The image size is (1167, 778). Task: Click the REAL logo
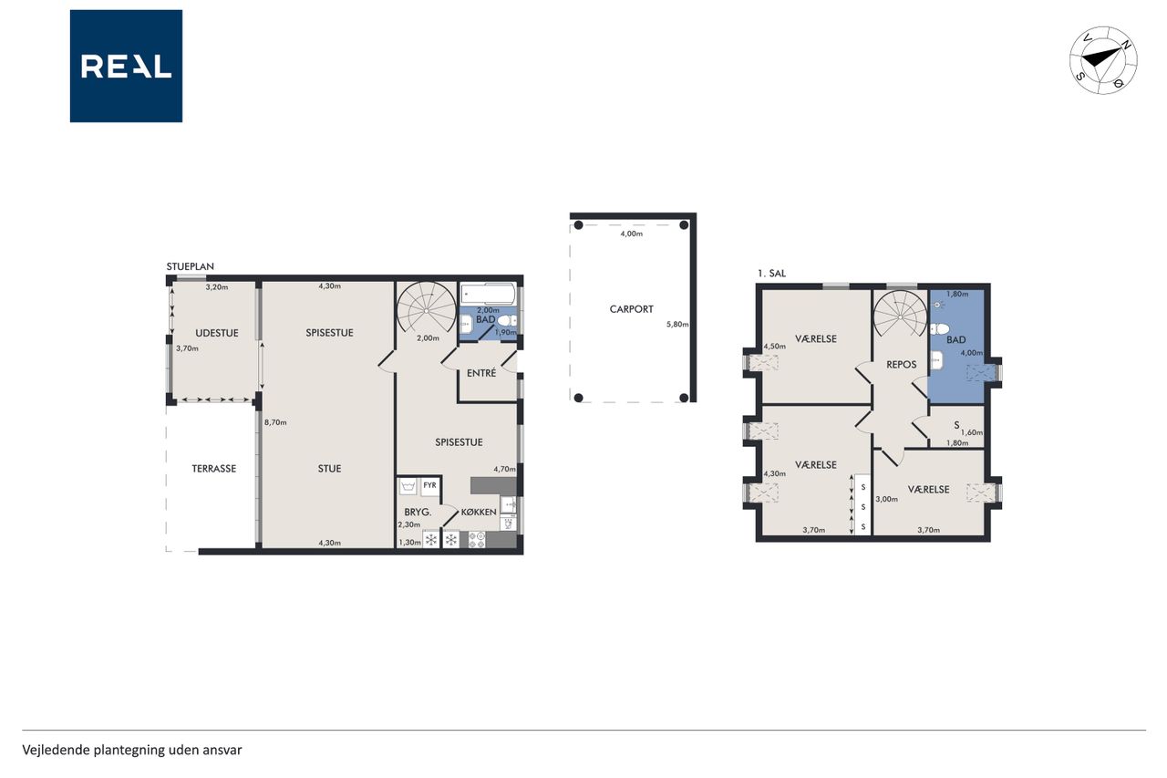click(126, 67)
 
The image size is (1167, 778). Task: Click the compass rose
click(1103, 60)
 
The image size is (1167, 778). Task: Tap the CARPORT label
click(632, 309)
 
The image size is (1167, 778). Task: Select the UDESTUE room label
click(217, 333)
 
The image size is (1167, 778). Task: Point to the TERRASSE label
click(213, 469)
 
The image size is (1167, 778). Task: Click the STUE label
click(329, 469)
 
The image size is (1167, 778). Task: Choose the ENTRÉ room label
click(481, 373)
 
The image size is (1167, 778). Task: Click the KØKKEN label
click(479, 513)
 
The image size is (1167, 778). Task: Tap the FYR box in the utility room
click(429, 485)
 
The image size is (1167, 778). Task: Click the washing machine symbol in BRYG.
click(408, 487)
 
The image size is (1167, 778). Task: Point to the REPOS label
click(902, 365)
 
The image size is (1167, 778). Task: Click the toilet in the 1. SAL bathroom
click(940, 329)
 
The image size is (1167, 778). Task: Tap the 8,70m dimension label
click(275, 422)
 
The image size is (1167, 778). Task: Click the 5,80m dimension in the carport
click(677, 324)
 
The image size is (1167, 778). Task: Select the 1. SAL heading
click(771, 273)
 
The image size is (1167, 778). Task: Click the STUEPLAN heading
click(191, 266)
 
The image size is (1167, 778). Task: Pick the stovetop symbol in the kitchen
click(477, 539)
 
